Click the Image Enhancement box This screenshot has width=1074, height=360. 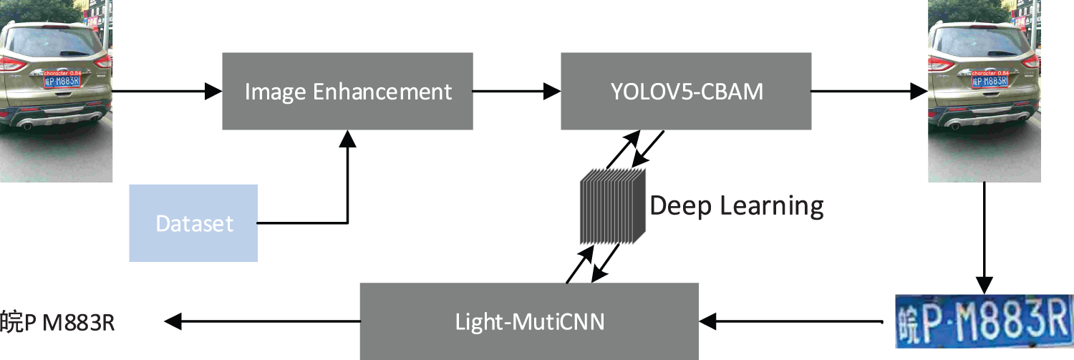click(347, 91)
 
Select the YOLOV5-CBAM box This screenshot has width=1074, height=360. click(686, 91)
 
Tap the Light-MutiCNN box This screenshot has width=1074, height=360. click(529, 321)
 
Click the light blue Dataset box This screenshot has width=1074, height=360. click(193, 223)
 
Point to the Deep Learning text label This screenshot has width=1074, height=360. click(737, 206)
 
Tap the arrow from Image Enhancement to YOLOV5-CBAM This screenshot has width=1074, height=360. click(516, 91)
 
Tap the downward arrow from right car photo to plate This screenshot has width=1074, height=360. click(985, 236)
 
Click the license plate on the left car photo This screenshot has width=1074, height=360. click(62, 81)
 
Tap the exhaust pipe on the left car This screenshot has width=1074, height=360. click(26, 127)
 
